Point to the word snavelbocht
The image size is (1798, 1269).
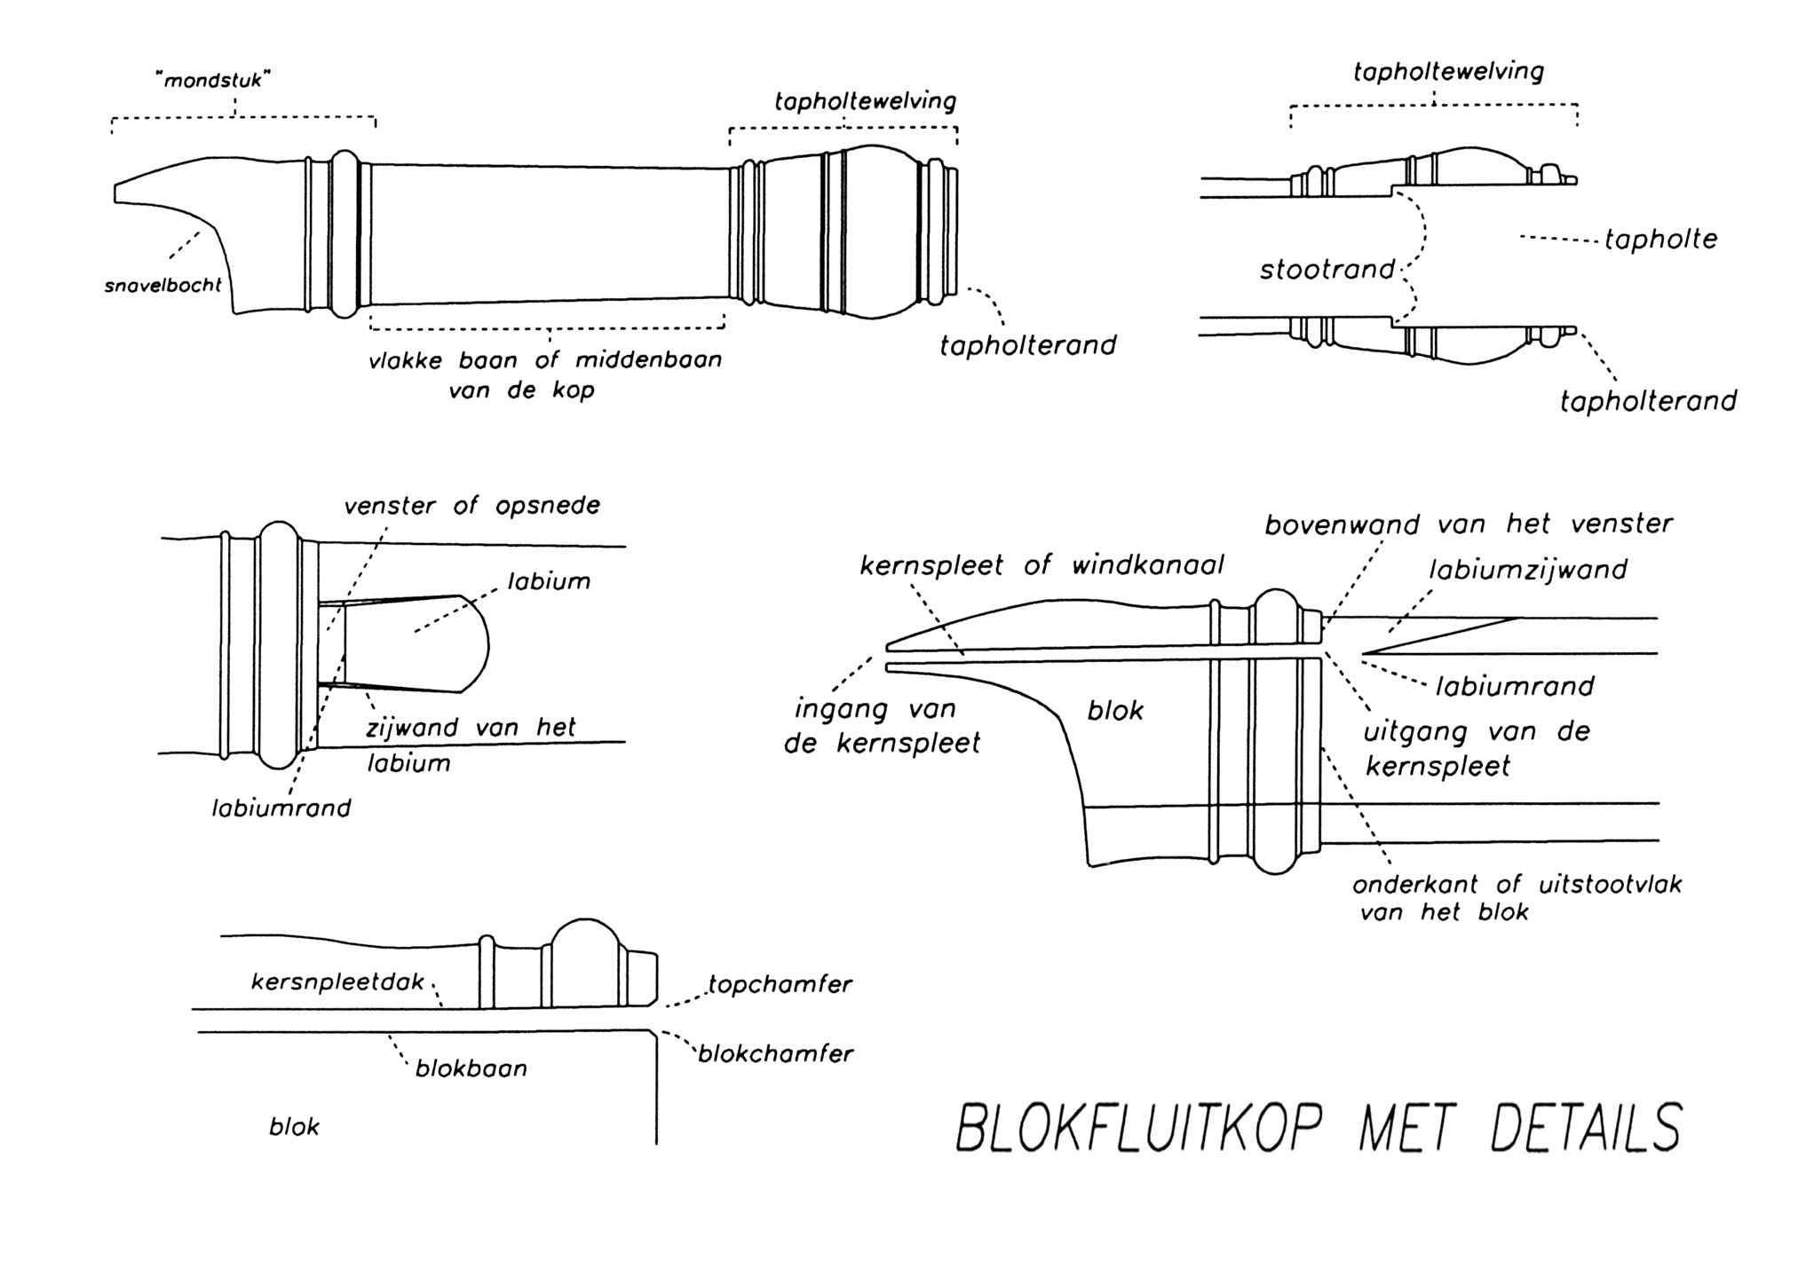pyautogui.click(x=162, y=287)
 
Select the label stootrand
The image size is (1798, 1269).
pyautogui.click(x=1327, y=269)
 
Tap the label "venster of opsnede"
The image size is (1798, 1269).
pyautogui.click(x=471, y=506)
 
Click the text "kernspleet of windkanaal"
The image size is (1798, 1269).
pyautogui.click(x=1042, y=565)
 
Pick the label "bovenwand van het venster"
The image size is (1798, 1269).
pyautogui.click(x=1469, y=524)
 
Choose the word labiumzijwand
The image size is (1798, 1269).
pyautogui.click(x=1527, y=569)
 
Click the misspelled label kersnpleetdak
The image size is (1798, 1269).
pyautogui.click(x=337, y=982)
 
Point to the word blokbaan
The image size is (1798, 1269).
pyautogui.click(x=471, y=1068)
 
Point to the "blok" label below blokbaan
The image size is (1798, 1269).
pyautogui.click(x=294, y=1127)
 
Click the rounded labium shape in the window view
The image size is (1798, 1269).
pyautogui.click(x=417, y=643)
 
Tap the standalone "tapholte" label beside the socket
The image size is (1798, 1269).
pyautogui.click(x=1660, y=240)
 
